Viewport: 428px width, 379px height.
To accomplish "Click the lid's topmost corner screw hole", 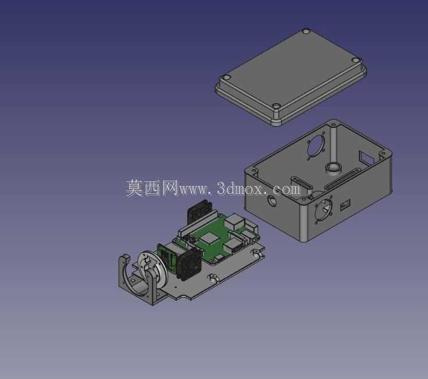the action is pyautogui.click(x=306, y=31).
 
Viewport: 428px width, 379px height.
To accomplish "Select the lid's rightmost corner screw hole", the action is pyautogui.click(x=356, y=60).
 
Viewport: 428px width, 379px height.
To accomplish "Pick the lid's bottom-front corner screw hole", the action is pyautogui.click(x=277, y=106).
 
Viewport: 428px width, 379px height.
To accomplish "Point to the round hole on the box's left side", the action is pyautogui.click(x=272, y=201).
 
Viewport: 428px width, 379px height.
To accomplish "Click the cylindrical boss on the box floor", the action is pyautogui.click(x=334, y=169).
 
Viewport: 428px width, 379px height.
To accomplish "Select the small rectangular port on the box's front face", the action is pyautogui.click(x=345, y=205).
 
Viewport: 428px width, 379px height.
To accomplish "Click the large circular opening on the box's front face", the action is pyautogui.click(x=323, y=210).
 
